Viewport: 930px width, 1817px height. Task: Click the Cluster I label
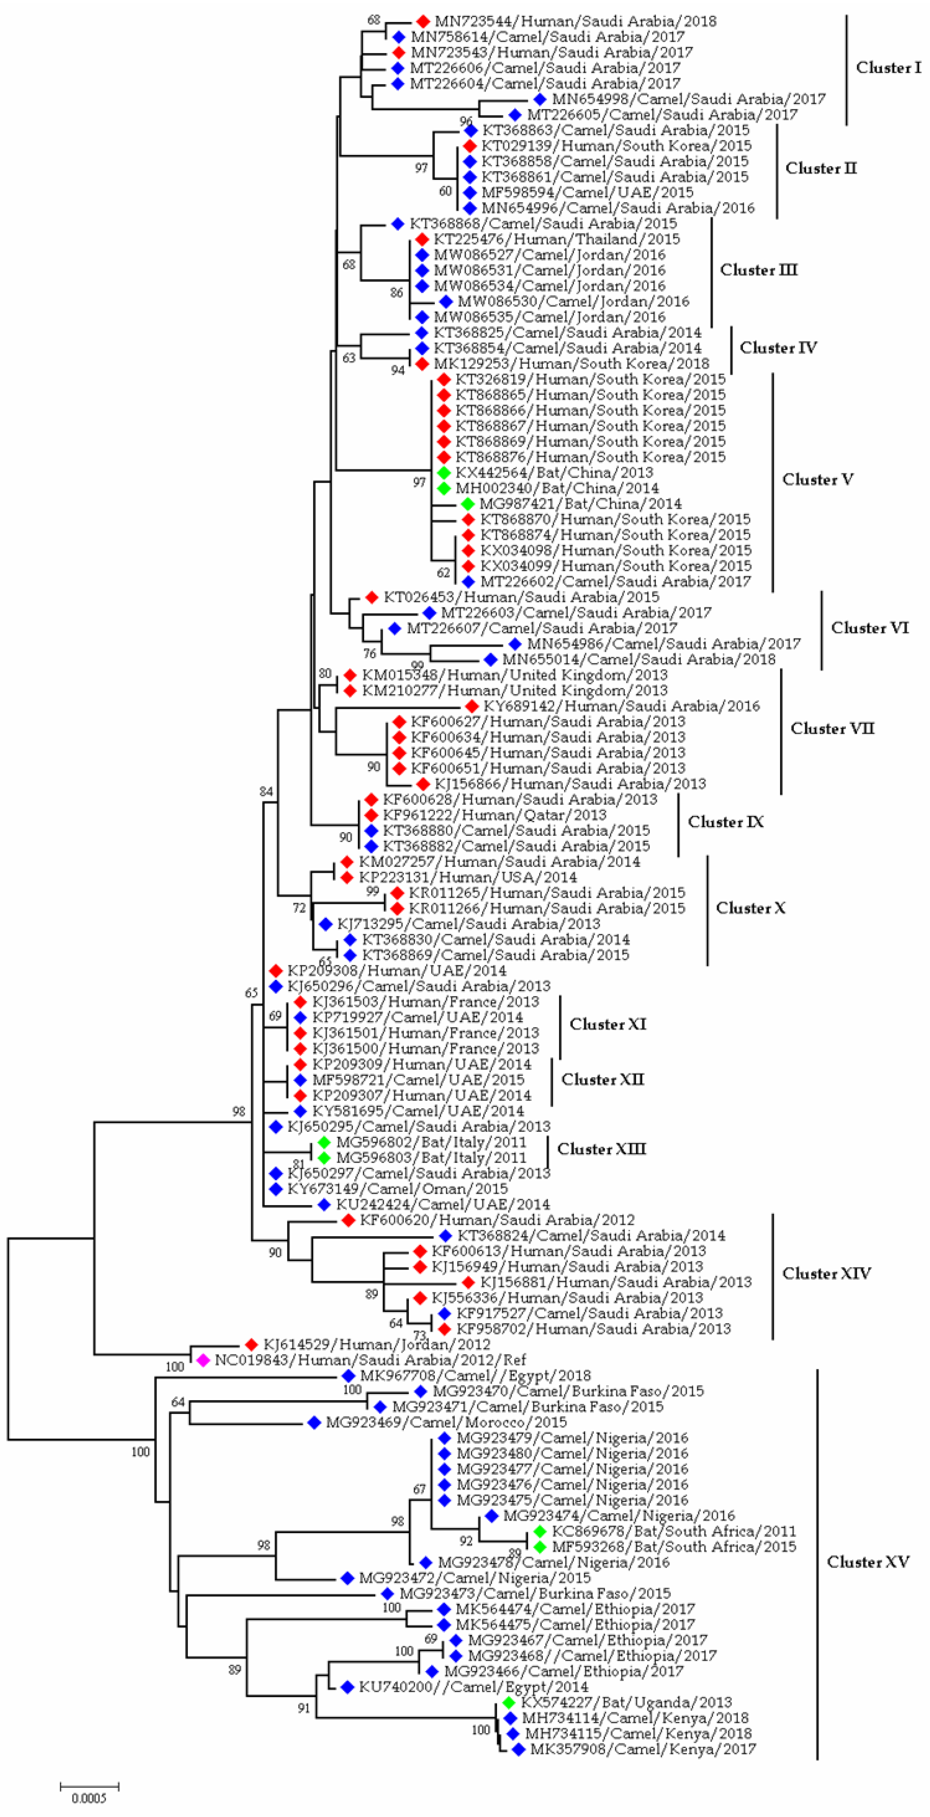click(x=888, y=68)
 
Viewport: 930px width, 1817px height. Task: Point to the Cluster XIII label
click(x=601, y=1149)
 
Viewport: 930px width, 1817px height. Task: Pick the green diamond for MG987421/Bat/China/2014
click(x=467, y=503)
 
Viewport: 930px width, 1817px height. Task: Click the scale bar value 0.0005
click(x=89, y=1797)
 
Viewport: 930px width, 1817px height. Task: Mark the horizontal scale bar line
click(x=89, y=1785)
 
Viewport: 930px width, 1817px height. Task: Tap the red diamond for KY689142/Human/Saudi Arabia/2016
click(x=472, y=706)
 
